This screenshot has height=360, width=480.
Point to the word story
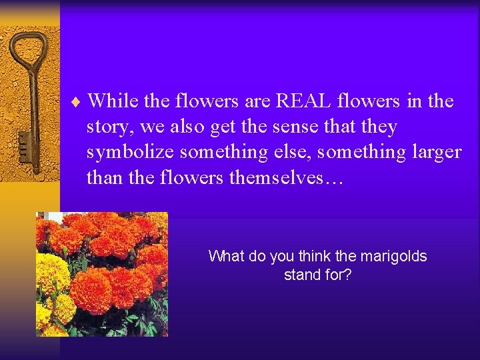tap(106, 127)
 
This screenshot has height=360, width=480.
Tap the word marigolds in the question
tap(395, 256)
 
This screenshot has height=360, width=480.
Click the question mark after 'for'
tap(347, 274)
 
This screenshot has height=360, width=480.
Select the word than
tap(102, 177)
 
